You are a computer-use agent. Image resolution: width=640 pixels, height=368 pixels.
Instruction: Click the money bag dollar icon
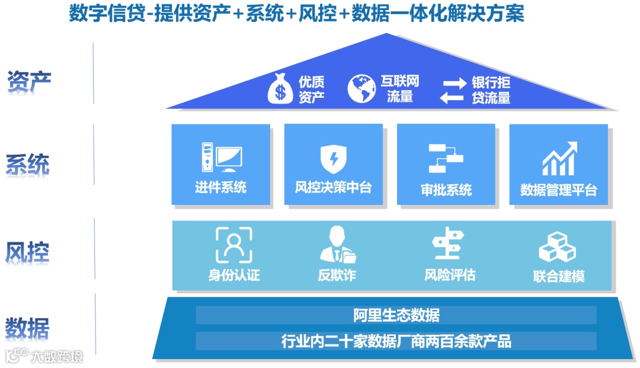pos(281,89)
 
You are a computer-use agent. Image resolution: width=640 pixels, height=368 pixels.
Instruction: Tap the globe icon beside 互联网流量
pos(362,89)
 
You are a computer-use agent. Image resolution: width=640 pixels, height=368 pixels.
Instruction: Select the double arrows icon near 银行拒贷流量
pos(455,89)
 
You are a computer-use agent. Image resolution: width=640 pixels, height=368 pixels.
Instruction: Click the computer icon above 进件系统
pos(221,157)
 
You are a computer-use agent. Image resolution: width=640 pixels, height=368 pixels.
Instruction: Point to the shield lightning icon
pos(333,159)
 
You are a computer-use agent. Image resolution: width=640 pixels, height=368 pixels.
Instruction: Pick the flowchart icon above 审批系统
pos(446,158)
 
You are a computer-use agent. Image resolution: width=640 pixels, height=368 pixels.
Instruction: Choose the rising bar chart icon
pos(559,158)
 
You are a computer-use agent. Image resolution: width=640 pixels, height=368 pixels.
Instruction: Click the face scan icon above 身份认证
pos(233,245)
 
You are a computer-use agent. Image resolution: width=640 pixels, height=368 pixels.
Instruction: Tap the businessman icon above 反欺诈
pos(337,245)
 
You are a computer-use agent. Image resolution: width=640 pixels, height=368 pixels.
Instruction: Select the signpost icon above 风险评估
pos(449,244)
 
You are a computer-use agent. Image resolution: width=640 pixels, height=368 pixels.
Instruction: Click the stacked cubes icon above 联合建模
pos(557,247)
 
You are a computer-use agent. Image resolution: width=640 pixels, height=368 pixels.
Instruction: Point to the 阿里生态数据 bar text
pos(396,315)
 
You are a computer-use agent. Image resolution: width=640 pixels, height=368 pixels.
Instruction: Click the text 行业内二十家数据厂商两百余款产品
pos(396,341)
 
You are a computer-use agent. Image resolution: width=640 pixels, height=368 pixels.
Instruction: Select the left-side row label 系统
pos(28,165)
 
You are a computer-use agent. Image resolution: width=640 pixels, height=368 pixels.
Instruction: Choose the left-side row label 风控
pos(28,251)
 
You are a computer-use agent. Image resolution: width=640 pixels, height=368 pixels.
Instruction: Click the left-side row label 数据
pos(28,328)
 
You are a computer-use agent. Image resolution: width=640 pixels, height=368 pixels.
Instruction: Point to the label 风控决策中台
pos(333,188)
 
